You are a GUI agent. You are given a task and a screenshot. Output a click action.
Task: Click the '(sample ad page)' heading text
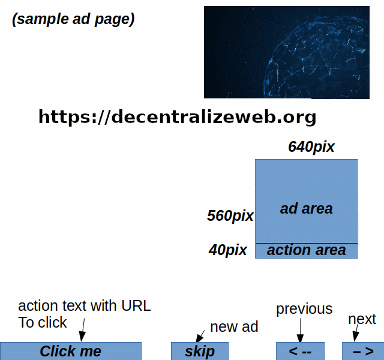click(73, 19)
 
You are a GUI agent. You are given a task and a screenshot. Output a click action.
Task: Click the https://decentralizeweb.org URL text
click(177, 116)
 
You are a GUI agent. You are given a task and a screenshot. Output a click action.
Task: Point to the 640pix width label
click(311, 147)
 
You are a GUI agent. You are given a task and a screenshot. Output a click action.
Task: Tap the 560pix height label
click(230, 215)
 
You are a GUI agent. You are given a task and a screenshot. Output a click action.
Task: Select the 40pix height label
click(228, 250)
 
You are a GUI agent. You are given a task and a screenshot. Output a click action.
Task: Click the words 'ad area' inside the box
click(306, 209)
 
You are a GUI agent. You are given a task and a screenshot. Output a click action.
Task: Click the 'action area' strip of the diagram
click(306, 251)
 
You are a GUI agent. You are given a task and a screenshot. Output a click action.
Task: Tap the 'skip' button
click(200, 351)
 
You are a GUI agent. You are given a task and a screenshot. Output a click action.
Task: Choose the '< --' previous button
click(300, 351)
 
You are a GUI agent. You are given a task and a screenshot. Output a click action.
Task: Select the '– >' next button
click(363, 351)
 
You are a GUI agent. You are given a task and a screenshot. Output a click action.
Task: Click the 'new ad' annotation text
click(234, 327)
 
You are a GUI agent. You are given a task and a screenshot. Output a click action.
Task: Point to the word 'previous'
click(304, 309)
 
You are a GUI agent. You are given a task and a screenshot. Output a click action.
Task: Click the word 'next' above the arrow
click(362, 319)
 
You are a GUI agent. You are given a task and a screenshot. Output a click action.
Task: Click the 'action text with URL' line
click(85, 306)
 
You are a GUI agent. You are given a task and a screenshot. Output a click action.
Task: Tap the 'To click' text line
click(43, 322)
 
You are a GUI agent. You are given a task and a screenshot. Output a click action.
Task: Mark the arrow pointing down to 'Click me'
click(82, 329)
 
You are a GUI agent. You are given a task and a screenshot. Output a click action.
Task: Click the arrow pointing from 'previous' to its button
click(301, 331)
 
